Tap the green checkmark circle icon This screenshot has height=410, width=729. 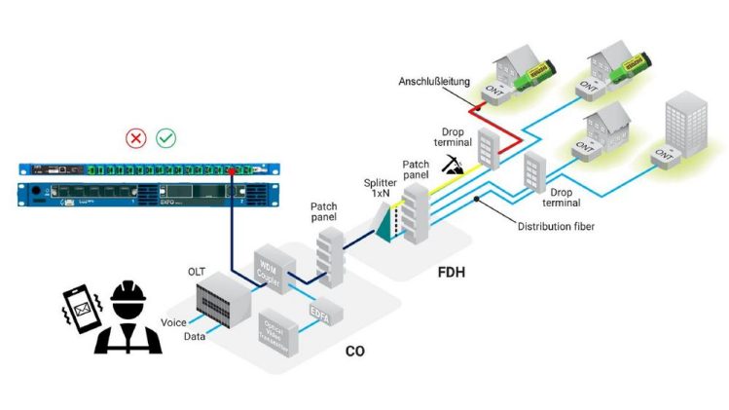click(x=166, y=138)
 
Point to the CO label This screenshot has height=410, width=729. click(x=355, y=347)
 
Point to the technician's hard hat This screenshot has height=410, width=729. click(x=128, y=294)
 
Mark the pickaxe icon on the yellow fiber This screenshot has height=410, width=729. click(x=454, y=165)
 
